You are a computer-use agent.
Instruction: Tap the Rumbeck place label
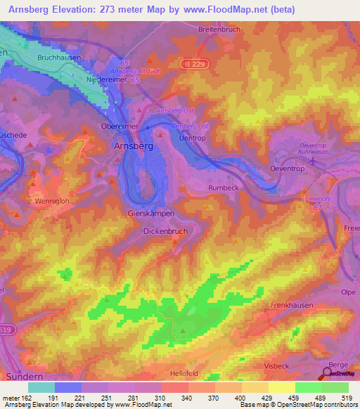[x=225, y=188]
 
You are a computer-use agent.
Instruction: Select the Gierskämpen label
[x=150, y=213]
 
